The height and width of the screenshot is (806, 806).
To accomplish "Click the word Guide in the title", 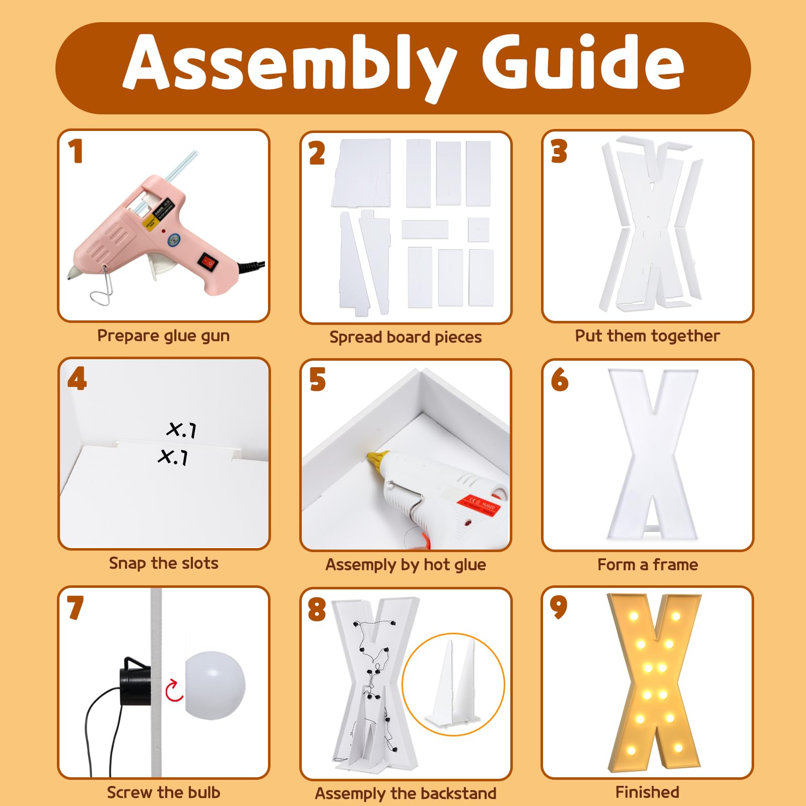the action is click(583, 62).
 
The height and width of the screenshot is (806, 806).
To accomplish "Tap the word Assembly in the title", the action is click(290, 68).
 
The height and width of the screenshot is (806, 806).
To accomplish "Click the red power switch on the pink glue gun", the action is click(207, 260).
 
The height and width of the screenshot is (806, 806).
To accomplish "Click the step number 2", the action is click(317, 153).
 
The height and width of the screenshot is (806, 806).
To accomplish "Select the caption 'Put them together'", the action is click(647, 336).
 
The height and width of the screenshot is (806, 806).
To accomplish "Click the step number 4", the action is click(77, 379).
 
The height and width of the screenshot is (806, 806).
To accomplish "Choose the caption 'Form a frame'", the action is click(647, 565).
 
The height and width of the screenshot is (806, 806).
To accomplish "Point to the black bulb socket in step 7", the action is click(136, 681).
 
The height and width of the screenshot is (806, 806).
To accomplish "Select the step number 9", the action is click(559, 607).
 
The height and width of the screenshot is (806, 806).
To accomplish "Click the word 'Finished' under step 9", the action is click(647, 792).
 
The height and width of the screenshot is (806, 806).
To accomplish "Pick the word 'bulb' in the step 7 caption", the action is click(204, 792).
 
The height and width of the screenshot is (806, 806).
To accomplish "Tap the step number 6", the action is click(559, 379).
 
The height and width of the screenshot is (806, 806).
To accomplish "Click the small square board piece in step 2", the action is click(479, 230).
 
